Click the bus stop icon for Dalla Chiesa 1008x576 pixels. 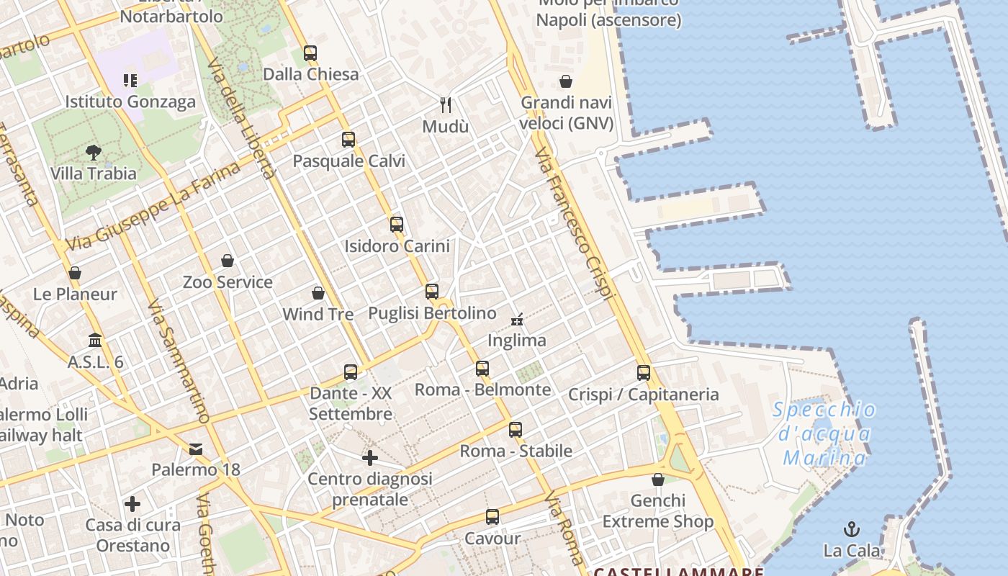point(310,53)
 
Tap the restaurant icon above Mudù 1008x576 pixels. point(446,105)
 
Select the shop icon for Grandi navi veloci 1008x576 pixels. point(566,81)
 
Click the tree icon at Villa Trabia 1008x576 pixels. point(93,152)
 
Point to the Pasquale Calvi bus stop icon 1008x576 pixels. point(348,140)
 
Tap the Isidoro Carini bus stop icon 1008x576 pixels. point(397,224)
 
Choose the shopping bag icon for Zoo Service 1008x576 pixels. point(228,261)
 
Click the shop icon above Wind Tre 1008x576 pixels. point(318,293)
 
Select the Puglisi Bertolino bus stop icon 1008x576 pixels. point(432,292)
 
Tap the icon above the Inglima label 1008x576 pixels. point(516,319)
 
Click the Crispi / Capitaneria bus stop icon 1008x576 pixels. point(644,373)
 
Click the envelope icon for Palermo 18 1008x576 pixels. point(196,449)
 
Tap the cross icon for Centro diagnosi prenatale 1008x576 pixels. point(370,458)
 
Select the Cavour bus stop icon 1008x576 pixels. point(492,517)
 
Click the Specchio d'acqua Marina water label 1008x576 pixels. point(824,434)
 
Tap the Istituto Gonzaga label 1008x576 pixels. point(130,102)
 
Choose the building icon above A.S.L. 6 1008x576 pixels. point(95,341)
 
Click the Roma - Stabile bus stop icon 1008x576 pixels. point(516,430)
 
